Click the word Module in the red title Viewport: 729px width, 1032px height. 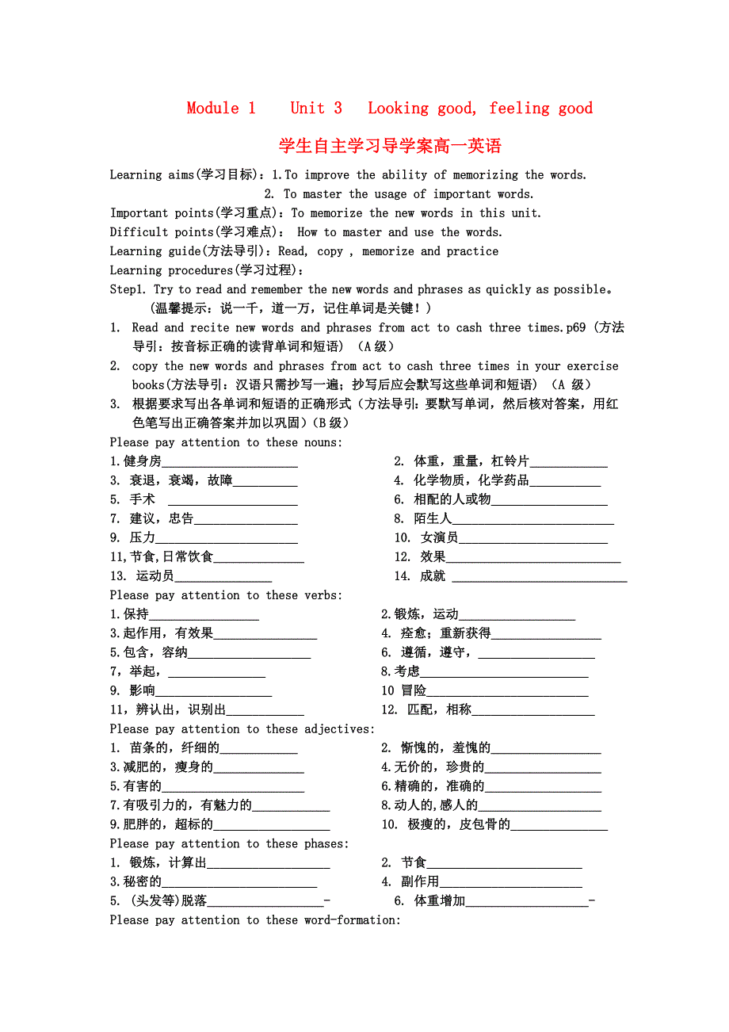click(x=212, y=109)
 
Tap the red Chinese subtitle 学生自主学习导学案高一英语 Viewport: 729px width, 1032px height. click(x=390, y=146)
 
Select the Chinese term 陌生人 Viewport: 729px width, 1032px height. click(x=433, y=519)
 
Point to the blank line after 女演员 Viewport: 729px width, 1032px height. click(x=532, y=539)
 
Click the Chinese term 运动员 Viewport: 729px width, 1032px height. click(x=155, y=576)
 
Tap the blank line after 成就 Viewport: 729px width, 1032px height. click(x=539, y=578)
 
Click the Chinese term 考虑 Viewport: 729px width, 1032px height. click(x=407, y=672)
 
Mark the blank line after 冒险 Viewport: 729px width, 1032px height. click(x=507, y=692)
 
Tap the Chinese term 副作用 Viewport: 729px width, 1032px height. click(x=420, y=882)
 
